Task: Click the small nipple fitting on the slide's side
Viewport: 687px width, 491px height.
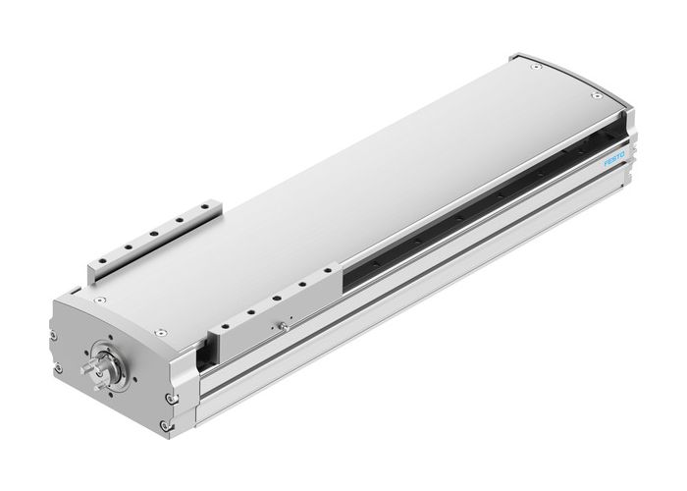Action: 284,325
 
